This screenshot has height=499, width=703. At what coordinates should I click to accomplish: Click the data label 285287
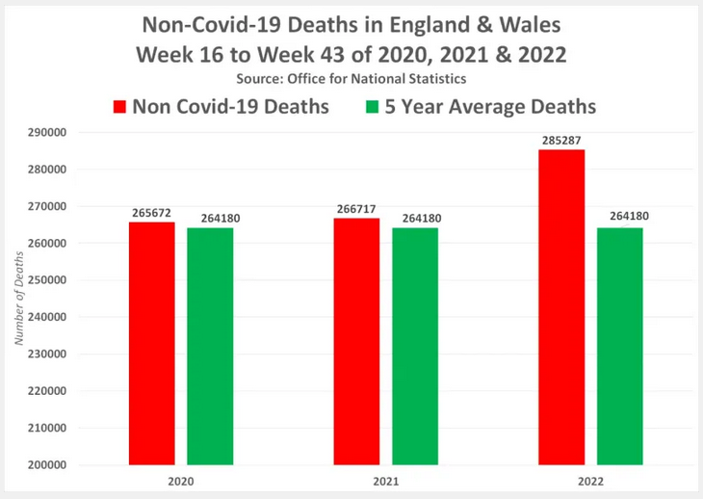coord(561,141)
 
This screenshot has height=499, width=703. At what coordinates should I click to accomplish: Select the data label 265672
coord(152,213)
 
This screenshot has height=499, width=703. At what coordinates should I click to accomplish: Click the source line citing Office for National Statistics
coord(351,77)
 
